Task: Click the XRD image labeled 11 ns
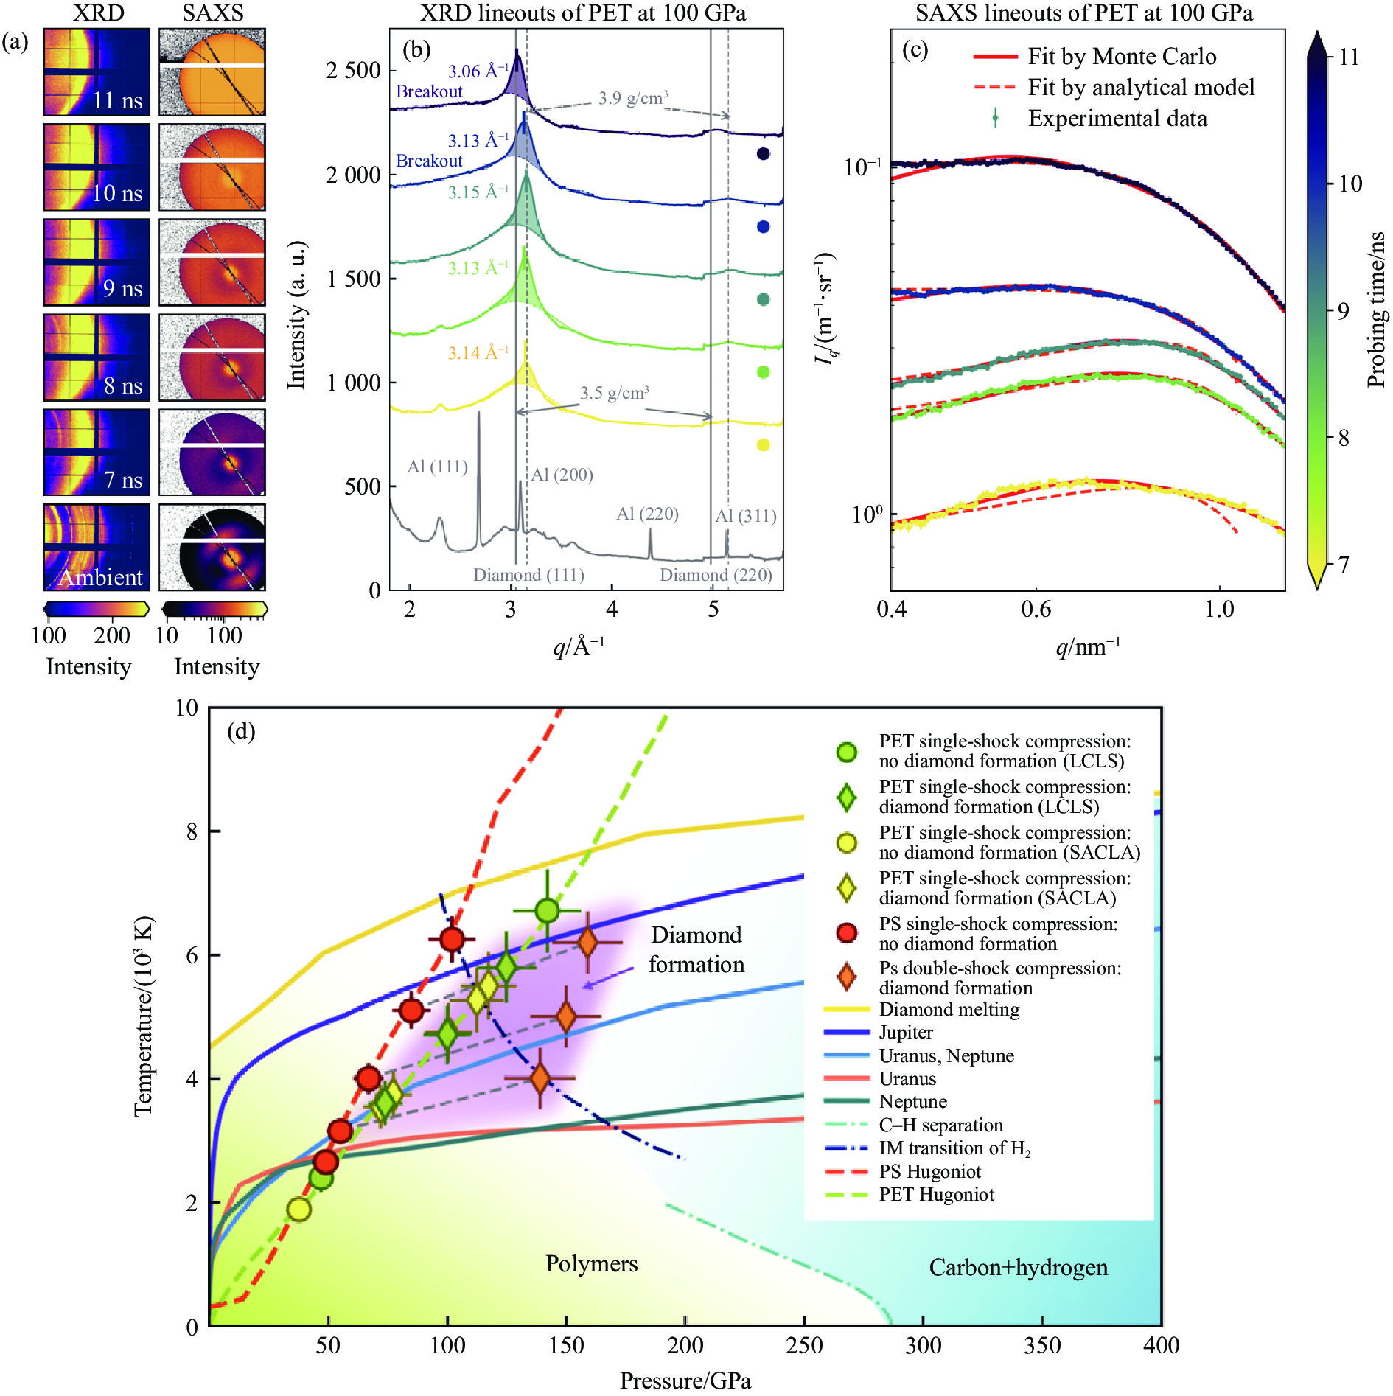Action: (97, 72)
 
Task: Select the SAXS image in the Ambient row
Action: (212, 547)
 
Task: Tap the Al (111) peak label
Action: (437, 467)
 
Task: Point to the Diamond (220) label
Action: (716, 575)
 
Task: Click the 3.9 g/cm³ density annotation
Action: (633, 98)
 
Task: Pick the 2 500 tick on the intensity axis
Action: (353, 71)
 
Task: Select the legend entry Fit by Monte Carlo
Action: (1121, 57)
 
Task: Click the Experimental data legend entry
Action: (1117, 119)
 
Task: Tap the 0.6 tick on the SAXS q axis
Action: (1036, 609)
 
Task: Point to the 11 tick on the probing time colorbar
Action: (1348, 57)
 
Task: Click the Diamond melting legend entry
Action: (949, 1010)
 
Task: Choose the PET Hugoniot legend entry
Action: (936, 1195)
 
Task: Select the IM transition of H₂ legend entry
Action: (954, 1148)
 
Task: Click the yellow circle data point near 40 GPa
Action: (299, 1210)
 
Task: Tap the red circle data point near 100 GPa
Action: (452, 939)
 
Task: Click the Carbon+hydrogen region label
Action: (1018, 1267)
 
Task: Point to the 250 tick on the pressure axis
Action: (804, 1345)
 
